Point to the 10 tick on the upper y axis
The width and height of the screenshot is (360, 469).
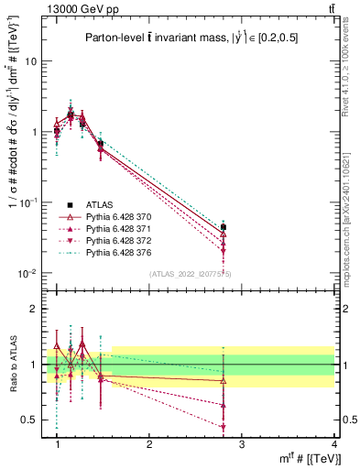click(x=35, y=61)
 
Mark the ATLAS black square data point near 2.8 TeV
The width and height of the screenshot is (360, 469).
click(x=224, y=227)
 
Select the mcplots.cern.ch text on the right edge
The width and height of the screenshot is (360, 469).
click(x=352, y=220)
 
